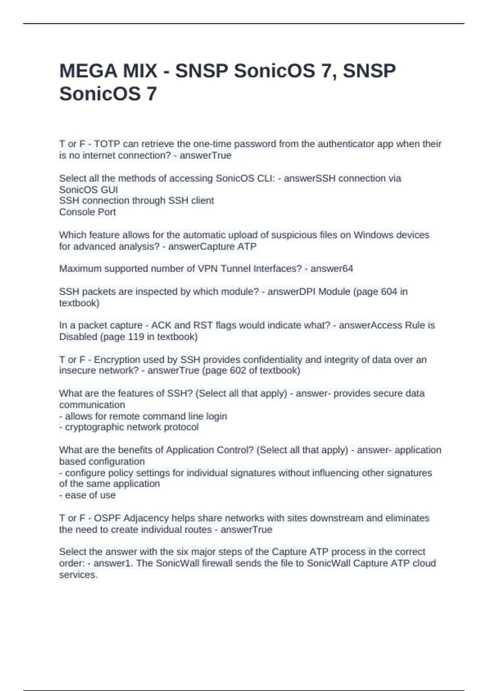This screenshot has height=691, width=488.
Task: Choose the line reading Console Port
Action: click(87, 212)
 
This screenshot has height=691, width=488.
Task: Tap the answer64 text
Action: click(332, 269)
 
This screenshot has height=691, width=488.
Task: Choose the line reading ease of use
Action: click(90, 495)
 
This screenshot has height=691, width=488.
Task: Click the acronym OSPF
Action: click(107, 518)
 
